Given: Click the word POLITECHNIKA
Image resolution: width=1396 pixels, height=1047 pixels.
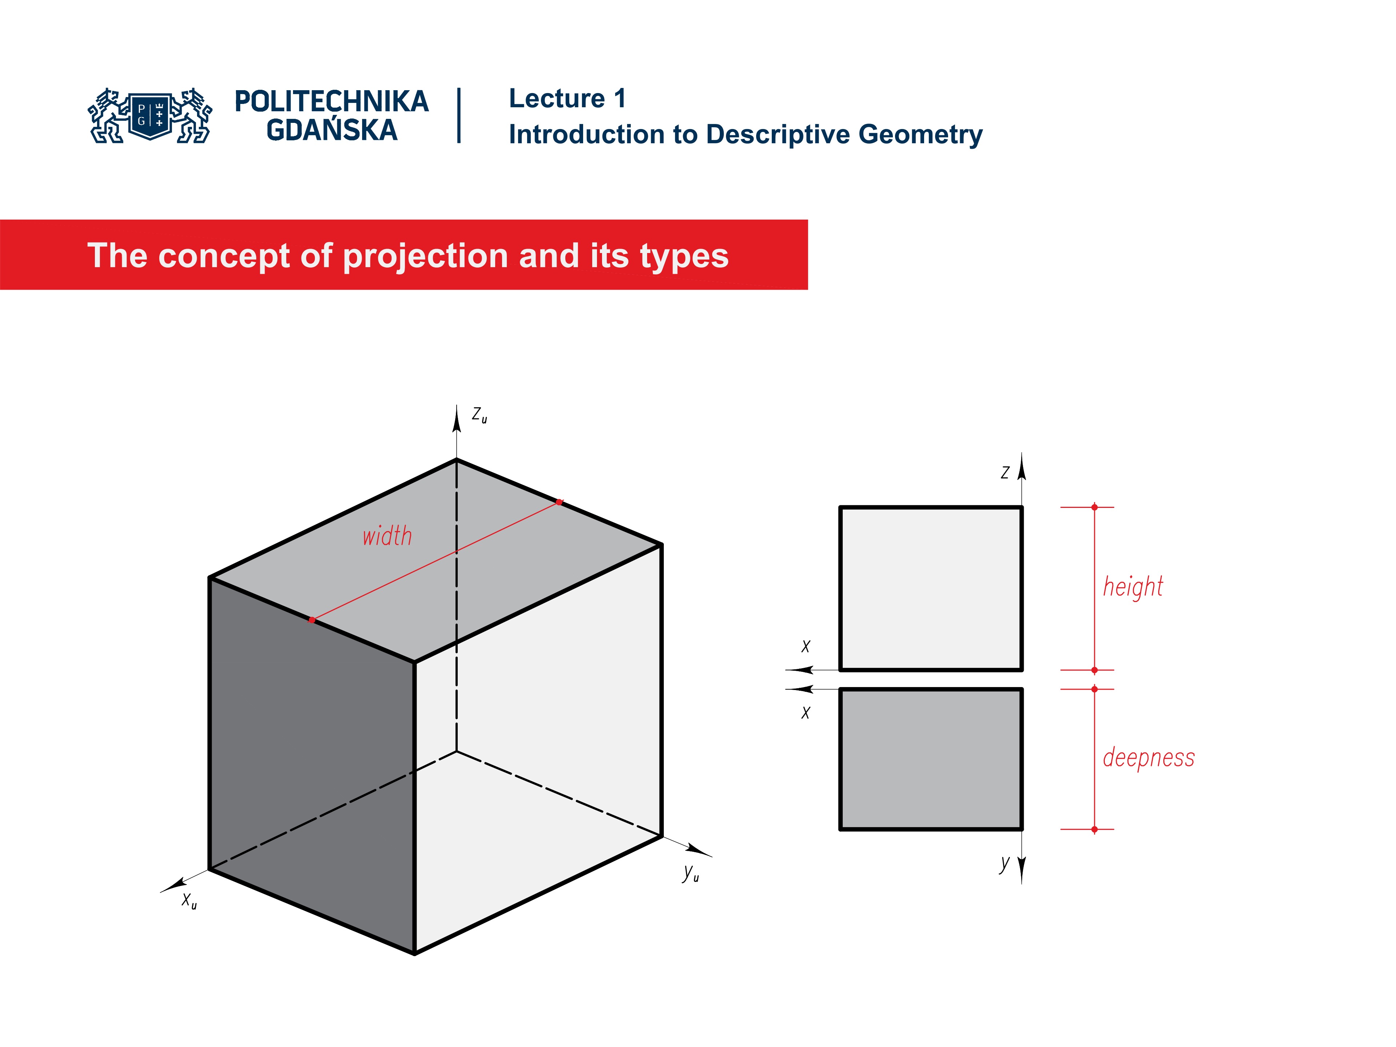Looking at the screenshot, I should tap(331, 101).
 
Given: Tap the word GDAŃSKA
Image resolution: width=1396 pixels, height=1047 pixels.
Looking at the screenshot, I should tap(331, 131).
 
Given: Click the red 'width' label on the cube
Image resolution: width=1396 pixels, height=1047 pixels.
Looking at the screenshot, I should tap(387, 537).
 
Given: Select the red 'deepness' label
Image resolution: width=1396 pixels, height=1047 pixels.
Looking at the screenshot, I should tap(1148, 757).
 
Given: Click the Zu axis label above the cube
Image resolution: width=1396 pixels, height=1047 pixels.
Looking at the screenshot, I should tap(479, 415).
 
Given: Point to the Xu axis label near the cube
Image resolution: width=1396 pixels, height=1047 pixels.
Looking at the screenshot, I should tap(189, 900).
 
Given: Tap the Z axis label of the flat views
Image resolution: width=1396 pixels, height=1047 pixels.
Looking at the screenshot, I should tap(1005, 473).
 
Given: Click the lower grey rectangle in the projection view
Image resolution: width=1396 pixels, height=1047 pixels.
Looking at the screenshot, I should tap(930, 759).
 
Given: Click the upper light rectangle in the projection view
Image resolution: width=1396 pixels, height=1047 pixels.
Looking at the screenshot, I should tap(930, 588).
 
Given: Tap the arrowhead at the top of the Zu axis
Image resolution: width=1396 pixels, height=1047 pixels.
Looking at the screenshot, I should tap(457, 418).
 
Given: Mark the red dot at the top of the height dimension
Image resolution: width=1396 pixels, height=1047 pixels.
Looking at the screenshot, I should tap(1094, 507).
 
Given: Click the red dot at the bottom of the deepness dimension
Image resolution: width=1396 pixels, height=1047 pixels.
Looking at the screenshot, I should tap(1094, 829).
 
